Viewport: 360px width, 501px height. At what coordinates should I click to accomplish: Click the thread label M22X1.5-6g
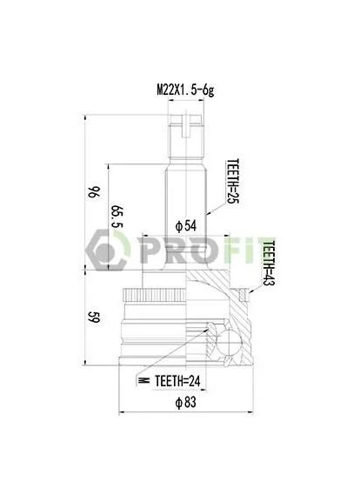[x=185, y=90]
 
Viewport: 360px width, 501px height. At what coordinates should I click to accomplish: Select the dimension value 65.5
[x=117, y=217]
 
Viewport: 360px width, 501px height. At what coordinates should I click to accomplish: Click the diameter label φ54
[x=186, y=225]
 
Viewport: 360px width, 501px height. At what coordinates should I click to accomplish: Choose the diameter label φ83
[x=185, y=402]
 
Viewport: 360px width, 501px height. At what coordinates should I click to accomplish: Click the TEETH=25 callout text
[x=233, y=181]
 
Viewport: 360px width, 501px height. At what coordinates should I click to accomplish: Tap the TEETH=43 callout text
[x=269, y=263]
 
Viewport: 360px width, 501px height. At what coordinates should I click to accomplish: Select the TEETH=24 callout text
[x=177, y=381]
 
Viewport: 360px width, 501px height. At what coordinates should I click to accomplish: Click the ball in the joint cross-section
[x=229, y=342]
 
